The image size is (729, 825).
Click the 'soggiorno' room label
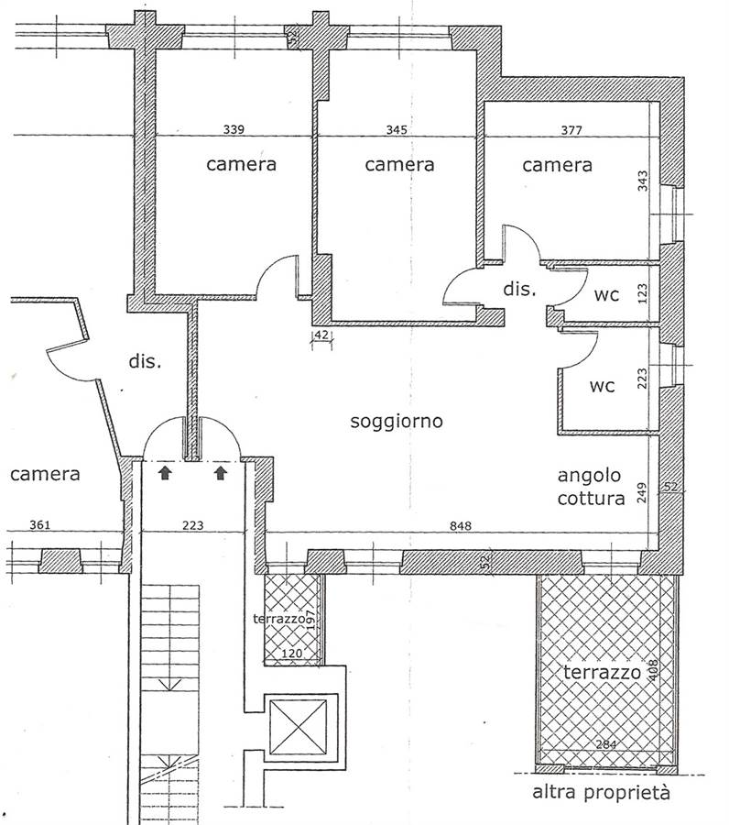(397, 421)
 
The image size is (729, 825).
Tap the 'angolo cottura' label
(591, 487)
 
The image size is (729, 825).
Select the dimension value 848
(461, 525)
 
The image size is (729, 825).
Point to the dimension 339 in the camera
(234, 129)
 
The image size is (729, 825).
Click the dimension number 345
(397, 129)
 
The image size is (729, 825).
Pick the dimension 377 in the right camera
(571, 129)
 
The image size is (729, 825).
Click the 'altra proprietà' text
(602, 792)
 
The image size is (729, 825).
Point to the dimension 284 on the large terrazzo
(606, 744)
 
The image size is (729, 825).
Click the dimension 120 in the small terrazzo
(292, 653)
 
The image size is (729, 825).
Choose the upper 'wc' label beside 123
(606, 294)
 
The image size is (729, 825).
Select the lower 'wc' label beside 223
(602, 386)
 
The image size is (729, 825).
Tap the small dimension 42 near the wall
(321, 335)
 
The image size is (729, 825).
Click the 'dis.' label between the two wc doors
(519, 289)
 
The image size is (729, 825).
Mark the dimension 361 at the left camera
(40, 524)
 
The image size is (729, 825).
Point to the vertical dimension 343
(642, 181)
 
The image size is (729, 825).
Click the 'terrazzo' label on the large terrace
(603, 672)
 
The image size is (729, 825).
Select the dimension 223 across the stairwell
(193, 525)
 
